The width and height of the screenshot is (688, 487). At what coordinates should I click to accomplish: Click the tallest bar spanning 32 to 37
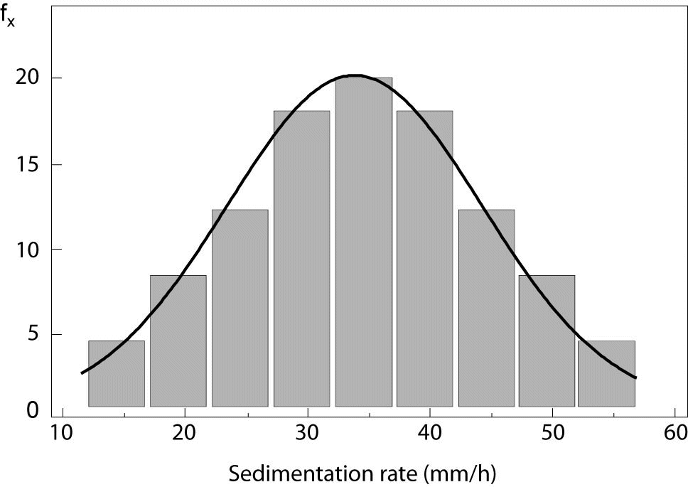click(x=363, y=242)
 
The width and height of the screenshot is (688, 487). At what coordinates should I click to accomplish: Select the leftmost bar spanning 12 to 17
click(x=117, y=373)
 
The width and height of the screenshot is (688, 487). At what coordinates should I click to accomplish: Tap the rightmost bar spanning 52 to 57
click(x=606, y=373)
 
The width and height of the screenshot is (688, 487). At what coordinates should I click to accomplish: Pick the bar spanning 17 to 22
click(x=178, y=341)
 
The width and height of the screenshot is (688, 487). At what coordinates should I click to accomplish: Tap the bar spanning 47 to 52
click(x=547, y=341)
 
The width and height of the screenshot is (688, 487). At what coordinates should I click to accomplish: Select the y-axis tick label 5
click(x=33, y=335)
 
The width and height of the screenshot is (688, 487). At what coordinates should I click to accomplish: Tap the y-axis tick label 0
click(x=33, y=411)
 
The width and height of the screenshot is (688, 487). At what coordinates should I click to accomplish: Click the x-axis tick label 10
click(x=63, y=432)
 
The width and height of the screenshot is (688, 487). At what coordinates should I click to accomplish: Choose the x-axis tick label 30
click(x=307, y=432)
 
